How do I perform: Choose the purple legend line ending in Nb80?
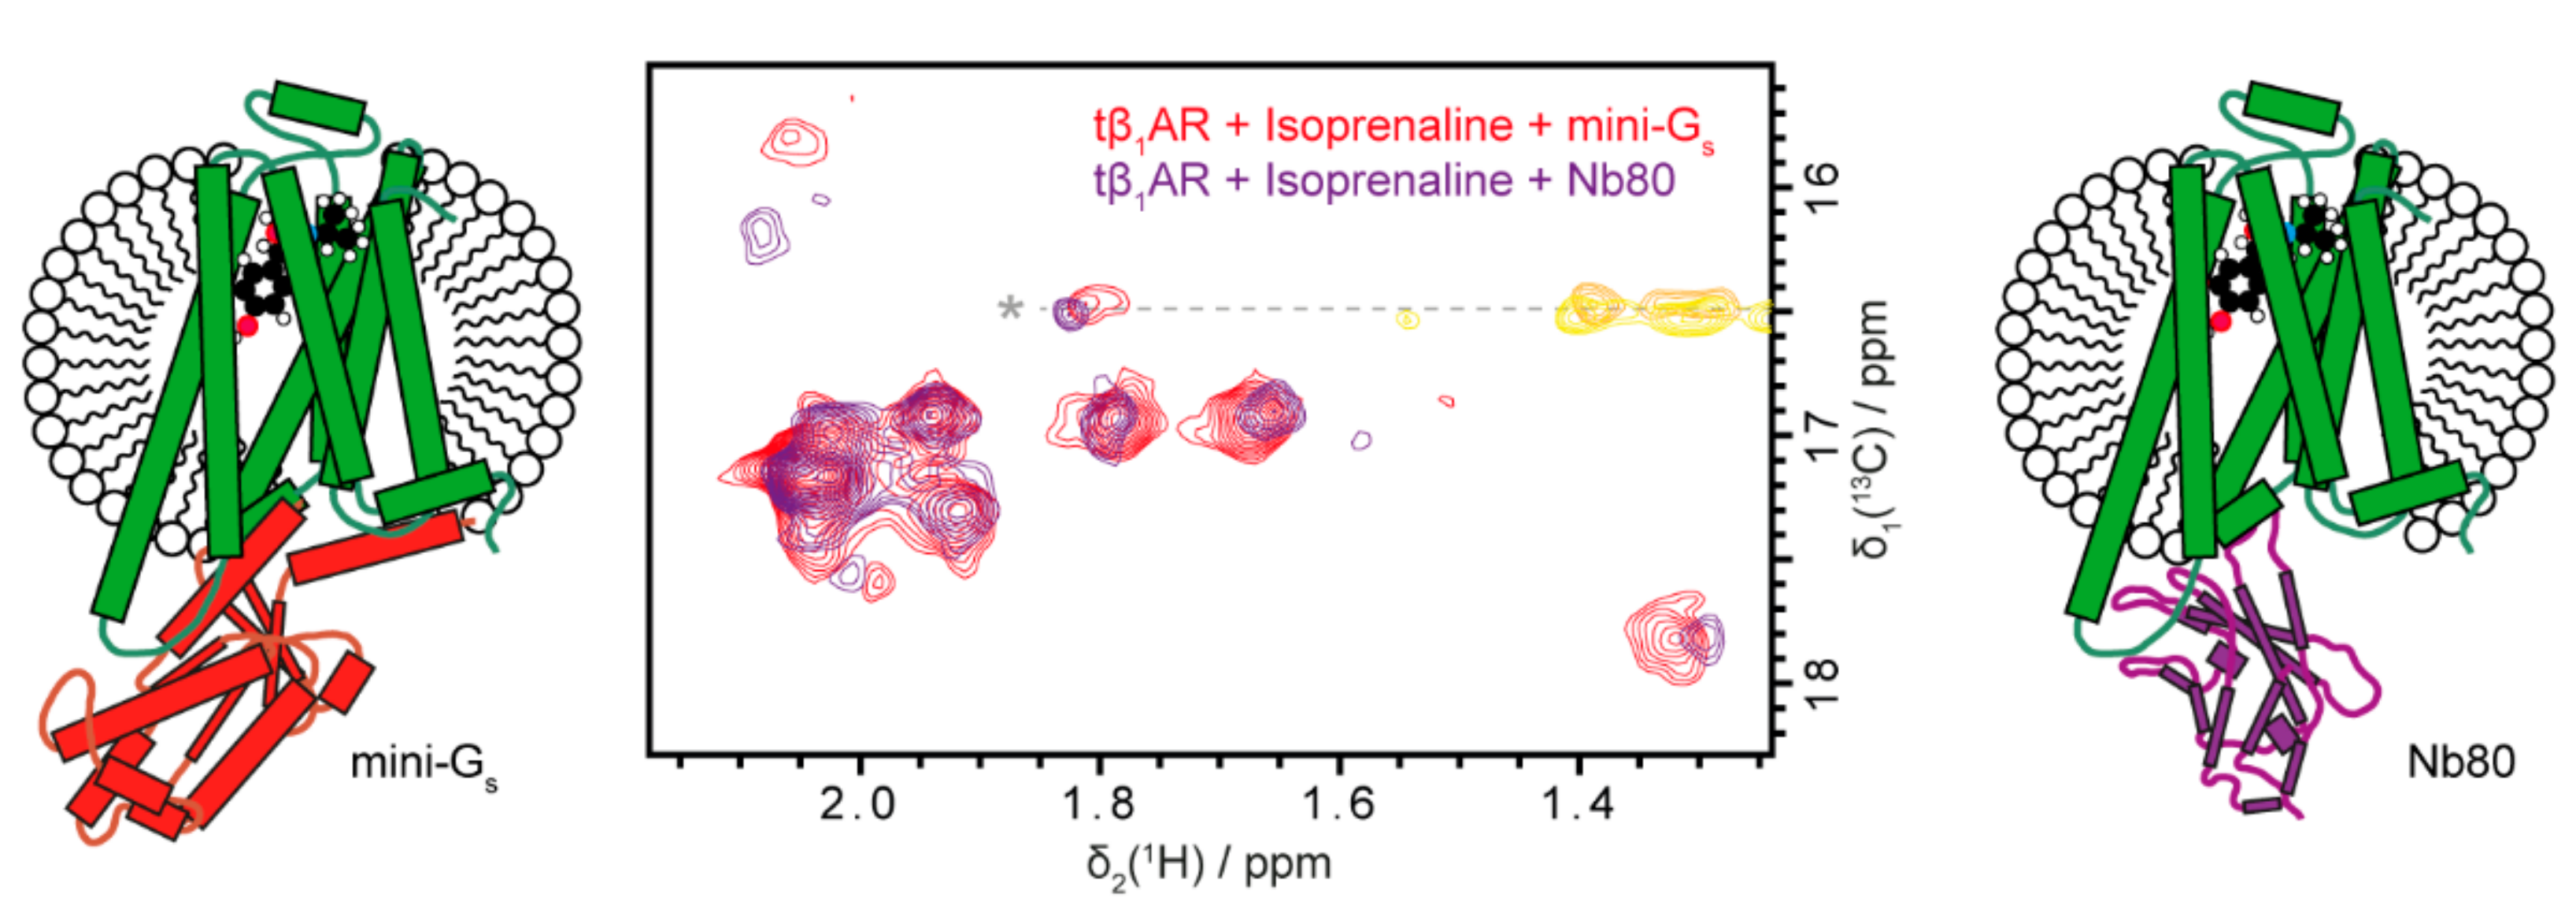click(x=1384, y=182)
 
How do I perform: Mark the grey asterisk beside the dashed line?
click(x=1011, y=309)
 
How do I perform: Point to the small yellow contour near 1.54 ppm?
click(x=1407, y=320)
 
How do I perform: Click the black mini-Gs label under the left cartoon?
click(x=423, y=765)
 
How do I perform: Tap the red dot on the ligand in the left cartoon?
click(x=247, y=326)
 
